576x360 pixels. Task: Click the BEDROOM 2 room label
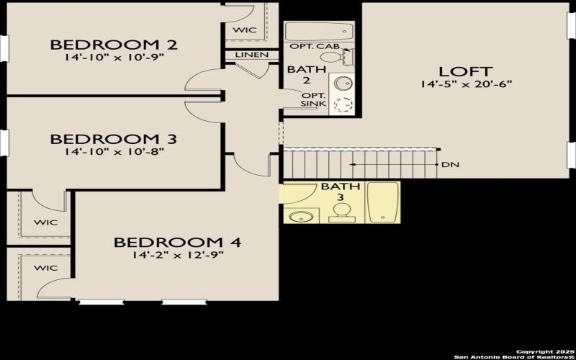(114, 45)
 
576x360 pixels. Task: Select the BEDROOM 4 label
(177, 242)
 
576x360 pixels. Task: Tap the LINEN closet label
(252, 55)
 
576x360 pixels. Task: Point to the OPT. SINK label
(314, 100)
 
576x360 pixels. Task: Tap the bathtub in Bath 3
(382, 203)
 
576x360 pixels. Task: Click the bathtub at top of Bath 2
(318, 31)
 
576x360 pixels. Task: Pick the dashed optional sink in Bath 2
(344, 104)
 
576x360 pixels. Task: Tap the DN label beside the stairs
(451, 165)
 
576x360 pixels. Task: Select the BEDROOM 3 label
(114, 138)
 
